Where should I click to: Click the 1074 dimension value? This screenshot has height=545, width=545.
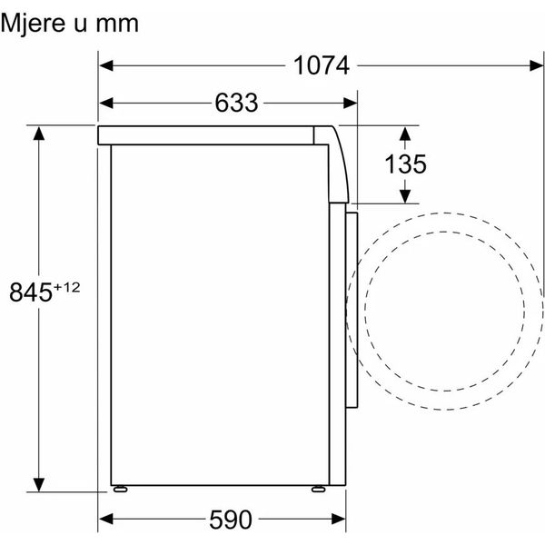click(322, 65)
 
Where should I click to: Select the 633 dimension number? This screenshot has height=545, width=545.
click(236, 103)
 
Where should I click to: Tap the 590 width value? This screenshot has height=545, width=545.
click(231, 520)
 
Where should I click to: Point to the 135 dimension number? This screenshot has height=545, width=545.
click(405, 163)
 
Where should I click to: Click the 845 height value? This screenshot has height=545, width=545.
click(31, 292)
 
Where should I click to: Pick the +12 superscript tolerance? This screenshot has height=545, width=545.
click(66, 287)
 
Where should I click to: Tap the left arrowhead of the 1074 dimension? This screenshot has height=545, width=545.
click(106, 65)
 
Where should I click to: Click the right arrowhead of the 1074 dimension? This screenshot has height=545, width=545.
click(536, 65)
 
